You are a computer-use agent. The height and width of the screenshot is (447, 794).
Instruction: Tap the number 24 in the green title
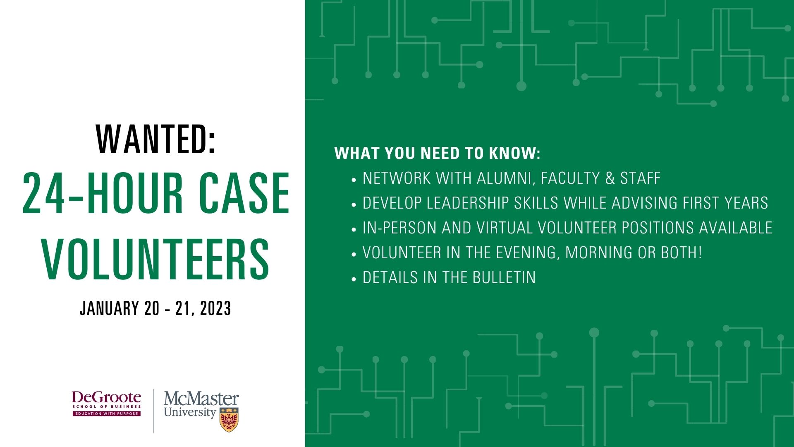coord(44,193)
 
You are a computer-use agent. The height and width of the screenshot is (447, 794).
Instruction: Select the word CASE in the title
coord(244,193)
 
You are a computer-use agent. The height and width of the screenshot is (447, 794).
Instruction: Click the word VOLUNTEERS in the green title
coord(155,259)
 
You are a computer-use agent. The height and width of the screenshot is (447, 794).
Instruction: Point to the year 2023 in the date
coord(215,309)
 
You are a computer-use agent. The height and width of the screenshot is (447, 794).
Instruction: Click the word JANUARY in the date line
coord(109,309)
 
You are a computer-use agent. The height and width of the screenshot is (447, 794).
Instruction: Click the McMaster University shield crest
coord(229,420)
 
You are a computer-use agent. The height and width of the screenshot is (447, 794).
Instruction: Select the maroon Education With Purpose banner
coord(107,413)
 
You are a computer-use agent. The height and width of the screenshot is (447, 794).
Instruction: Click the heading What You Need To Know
coord(437,154)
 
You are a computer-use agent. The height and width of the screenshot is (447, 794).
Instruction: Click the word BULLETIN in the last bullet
coord(504,278)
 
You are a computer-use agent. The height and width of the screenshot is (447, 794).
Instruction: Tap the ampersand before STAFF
coord(610,178)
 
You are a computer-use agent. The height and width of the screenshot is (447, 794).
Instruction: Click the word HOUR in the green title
coord(135,193)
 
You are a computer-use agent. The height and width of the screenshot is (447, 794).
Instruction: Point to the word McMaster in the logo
coord(201,399)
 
